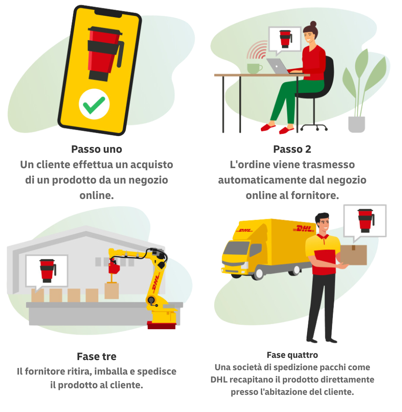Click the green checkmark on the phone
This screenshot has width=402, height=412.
click(94, 105)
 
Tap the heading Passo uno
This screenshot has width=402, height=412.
click(97, 149)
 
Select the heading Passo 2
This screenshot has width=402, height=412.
click(292, 149)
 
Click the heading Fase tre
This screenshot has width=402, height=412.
click(97, 357)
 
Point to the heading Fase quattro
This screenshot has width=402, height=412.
click(292, 355)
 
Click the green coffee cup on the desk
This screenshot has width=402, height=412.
click(254, 68)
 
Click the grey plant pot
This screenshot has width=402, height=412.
click(356, 124)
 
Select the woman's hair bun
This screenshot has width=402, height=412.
click(313, 24)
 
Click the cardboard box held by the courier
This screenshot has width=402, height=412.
click(354, 255)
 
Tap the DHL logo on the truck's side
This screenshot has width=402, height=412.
click(304, 228)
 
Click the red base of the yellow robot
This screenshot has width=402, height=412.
click(161, 325)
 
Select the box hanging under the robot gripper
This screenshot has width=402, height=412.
click(112, 291)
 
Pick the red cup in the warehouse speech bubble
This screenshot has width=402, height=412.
click(48, 271)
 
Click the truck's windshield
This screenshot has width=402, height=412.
click(236, 249)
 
